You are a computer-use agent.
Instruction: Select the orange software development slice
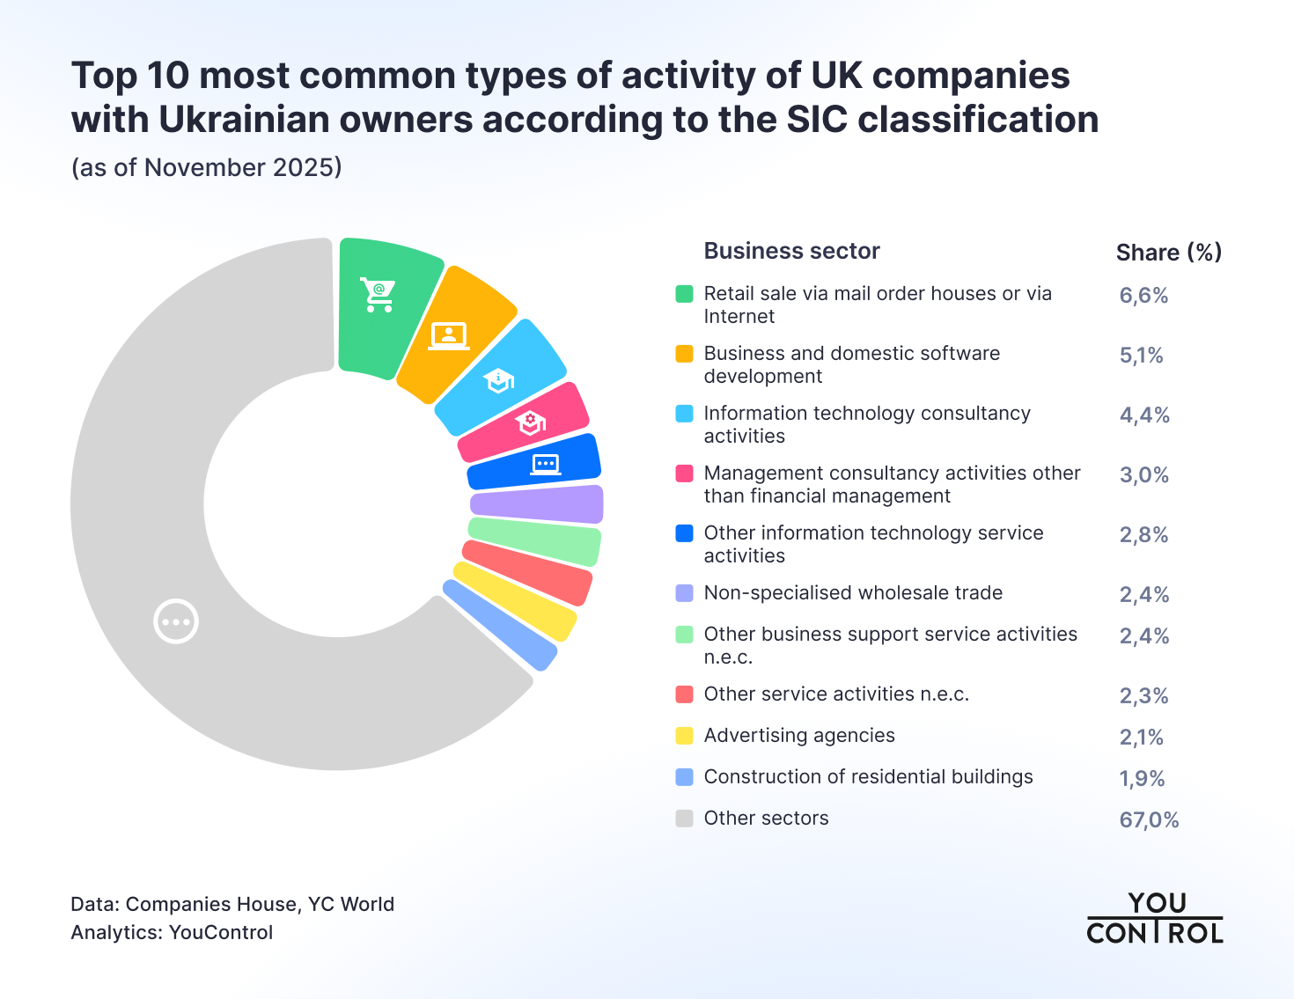click(452, 335)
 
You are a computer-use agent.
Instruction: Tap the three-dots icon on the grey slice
click(176, 621)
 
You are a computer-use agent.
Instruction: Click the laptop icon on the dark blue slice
click(545, 463)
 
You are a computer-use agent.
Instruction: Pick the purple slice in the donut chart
click(537, 504)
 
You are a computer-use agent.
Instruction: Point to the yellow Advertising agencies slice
click(515, 601)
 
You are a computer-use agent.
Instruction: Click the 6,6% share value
click(1143, 296)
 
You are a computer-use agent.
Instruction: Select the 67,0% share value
click(1149, 820)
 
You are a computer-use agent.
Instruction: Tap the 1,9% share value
click(1142, 779)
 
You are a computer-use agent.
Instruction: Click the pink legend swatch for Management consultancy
click(684, 474)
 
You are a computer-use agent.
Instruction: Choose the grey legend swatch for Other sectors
click(684, 819)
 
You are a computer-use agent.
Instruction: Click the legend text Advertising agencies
click(798, 736)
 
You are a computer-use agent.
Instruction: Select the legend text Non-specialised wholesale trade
click(853, 593)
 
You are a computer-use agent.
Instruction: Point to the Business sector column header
click(791, 252)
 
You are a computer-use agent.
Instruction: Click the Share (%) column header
click(1168, 253)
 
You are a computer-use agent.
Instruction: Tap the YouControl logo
click(1154, 918)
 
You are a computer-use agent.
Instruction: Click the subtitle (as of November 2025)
click(206, 167)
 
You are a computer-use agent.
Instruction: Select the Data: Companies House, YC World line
click(232, 904)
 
